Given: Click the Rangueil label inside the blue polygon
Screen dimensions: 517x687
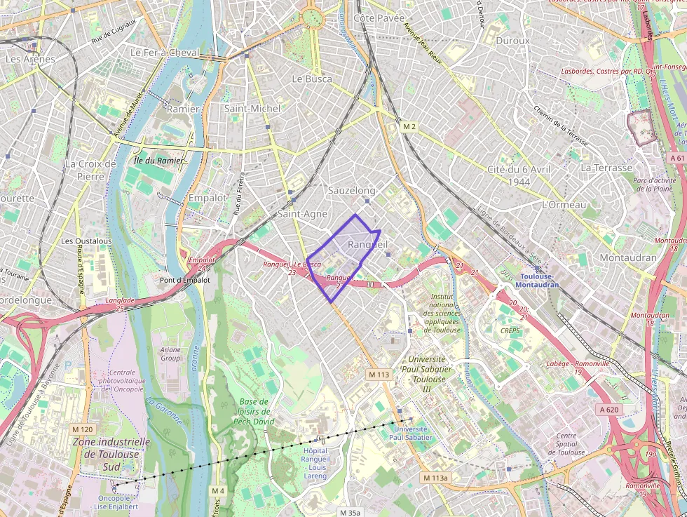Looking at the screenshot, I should pyautogui.click(x=367, y=243).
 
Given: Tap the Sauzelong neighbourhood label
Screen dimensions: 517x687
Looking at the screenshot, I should pyautogui.click(x=352, y=190).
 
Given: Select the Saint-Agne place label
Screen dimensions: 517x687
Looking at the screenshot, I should pyautogui.click(x=303, y=213).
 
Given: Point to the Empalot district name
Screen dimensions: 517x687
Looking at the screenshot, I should pyautogui.click(x=208, y=198).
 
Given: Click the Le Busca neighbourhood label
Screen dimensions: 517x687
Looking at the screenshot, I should pyautogui.click(x=312, y=79).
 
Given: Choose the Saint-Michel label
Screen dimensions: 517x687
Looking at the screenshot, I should pyautogui.click(x=252, y=108).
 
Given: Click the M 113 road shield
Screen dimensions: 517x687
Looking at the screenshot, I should pyautogui.click(x=379, y=375).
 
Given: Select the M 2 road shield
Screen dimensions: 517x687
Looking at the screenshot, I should pyautogui.click(x=409, y=126).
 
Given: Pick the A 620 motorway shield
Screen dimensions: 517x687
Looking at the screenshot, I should pyautogui.click(x=609, y=409).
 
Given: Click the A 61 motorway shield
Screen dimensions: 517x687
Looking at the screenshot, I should pyautogui.click(x=676, y=158).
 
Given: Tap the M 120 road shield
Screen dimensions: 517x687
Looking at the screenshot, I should pyautogui.click(x=81, y=429).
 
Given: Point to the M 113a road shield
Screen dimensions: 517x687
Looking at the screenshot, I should pyautogui.click(x=435, y=477).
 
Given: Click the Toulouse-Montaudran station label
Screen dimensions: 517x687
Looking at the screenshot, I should pyautogui.click(x=537, y=280).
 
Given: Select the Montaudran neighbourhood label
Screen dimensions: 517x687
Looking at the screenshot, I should pyautogui.click(x=628, y=257).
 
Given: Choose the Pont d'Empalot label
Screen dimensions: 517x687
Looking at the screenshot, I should pyautogui.click(x=184, y=280).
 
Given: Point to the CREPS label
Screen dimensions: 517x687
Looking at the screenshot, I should pyautogui.click(x=510, y=330).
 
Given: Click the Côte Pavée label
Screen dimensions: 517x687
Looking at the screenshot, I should pyautogui.click(x=379, y=18).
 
